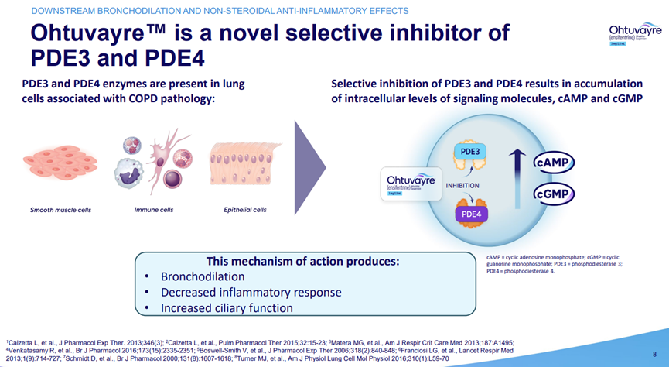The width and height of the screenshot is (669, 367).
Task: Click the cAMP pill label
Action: click(552, 163)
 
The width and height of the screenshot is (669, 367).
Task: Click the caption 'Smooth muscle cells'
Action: click(60, 210)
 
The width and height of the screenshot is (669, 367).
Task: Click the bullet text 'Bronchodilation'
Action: click(202, 276)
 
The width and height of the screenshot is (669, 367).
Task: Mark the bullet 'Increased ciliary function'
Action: click(227, 308)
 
